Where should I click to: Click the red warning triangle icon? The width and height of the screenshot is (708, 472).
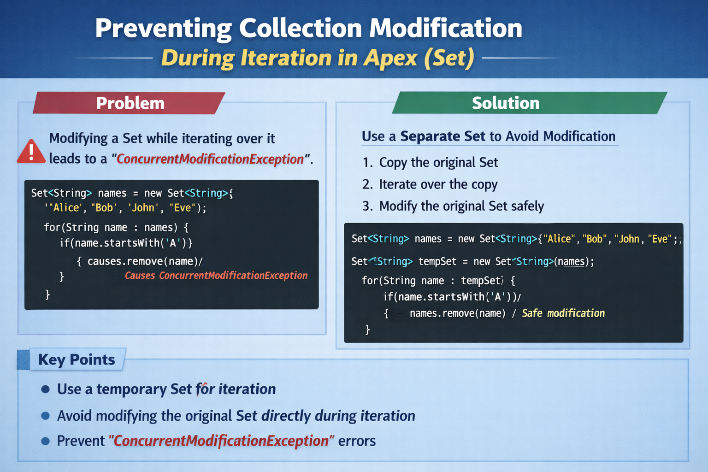[x=31, y=152]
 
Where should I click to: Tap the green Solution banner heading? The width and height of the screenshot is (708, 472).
[x=506, y=103]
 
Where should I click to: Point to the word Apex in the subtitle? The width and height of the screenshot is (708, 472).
[x=390, y=58]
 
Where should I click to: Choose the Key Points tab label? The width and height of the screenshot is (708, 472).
[x=77, y=360]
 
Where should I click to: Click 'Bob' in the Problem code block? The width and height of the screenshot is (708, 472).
[x=104, y=208]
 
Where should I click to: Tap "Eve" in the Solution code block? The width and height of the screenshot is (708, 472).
[x=659, y=239]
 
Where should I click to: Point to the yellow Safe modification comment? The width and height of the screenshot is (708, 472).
[x=563, y=313]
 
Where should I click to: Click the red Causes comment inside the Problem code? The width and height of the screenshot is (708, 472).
[x=216, y=276]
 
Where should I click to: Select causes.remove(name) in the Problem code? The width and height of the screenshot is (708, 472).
[x=143, y=261]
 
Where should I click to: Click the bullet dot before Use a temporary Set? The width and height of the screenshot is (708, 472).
[x=45, y=389]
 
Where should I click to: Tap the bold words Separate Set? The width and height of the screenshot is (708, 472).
[x=442, y=136]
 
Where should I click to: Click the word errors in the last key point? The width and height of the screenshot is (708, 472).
[x=357, y=441]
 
